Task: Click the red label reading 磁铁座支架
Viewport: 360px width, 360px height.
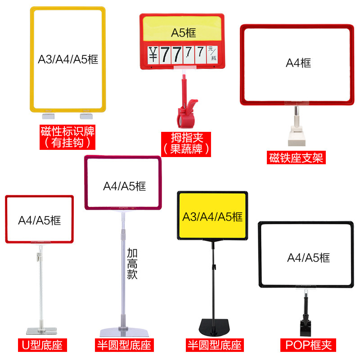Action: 296,157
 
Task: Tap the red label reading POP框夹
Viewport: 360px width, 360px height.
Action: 308,345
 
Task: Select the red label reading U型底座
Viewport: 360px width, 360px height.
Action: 42,345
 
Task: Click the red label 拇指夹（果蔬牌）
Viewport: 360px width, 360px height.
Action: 186,144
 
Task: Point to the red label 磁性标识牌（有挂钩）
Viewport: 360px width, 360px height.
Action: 67,137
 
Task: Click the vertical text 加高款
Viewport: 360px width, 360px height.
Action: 132,264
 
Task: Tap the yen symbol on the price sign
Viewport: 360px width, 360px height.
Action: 153,54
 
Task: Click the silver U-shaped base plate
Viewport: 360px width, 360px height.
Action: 41,331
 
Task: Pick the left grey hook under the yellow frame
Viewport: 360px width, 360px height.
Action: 49,116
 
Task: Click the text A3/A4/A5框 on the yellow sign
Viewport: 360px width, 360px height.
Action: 212,217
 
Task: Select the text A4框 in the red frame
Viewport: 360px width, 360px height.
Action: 298,63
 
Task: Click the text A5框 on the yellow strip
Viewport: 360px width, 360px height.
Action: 184,32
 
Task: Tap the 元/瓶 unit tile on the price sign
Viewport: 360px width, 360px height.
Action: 212,54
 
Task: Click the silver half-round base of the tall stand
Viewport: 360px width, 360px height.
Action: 125,332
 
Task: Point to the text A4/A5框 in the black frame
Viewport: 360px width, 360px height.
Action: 308,257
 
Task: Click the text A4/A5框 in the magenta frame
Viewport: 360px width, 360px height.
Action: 125,186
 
